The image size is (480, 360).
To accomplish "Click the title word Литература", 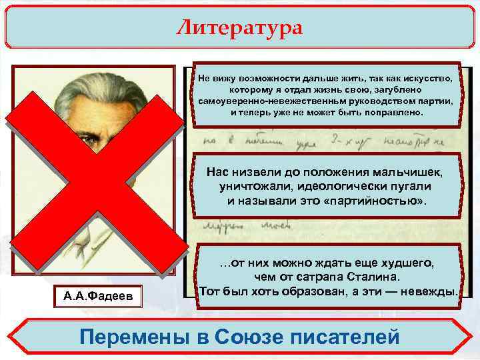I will coord(239,28).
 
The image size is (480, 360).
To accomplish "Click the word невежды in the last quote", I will coord(434,292).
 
